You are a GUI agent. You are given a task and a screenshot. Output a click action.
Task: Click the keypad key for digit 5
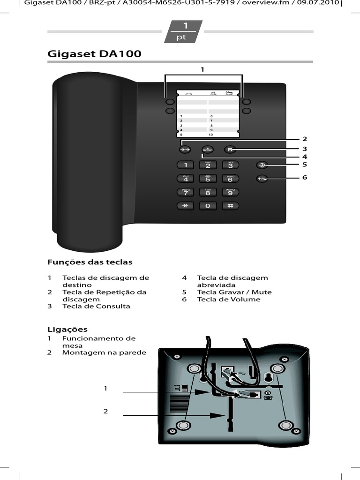pyautogui.click(x=208, y=179)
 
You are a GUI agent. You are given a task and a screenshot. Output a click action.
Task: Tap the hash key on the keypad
pyautogui.click(x=230, y=206)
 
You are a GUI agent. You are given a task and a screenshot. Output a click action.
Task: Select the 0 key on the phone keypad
pyautogui.click(x=208, y=206)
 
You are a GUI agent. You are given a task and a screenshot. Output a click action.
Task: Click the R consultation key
pyautogui.click(x=230, y=150)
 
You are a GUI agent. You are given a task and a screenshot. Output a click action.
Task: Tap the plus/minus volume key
pyautogui.click(x=262, y=179)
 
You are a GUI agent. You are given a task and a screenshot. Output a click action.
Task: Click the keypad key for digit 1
pyautogui.click(x=186, y=165)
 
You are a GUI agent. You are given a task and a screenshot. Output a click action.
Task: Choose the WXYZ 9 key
pyautogui.click(x=230, y=192)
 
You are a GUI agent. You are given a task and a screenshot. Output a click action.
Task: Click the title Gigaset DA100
pyautogui.click(x=94, y=54)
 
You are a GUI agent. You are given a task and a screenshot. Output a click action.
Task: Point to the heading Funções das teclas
pyautogui.click(x=90, y=262)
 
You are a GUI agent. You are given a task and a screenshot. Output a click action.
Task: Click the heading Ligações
pyautogui.click(x=67, y=329)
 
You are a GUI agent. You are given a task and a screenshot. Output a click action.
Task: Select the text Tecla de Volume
pyautogui.click(x=228, y=299)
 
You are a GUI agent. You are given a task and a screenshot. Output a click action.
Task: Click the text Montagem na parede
pyautogui.click(x=104, y=352)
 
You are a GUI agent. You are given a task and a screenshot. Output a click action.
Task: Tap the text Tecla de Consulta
pyautogui.click(x=96, y=306)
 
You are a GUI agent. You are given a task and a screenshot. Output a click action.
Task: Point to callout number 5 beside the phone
pyautogui.click(x=304, y=165)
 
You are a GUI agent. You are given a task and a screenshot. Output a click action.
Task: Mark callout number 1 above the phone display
pyautogui.click(x=202, y=69)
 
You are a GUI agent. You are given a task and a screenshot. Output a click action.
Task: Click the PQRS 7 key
pyautogui.click(x=186, y=192)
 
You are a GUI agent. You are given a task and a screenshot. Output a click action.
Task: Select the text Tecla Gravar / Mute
pyautogui.click(x=234, y=292)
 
